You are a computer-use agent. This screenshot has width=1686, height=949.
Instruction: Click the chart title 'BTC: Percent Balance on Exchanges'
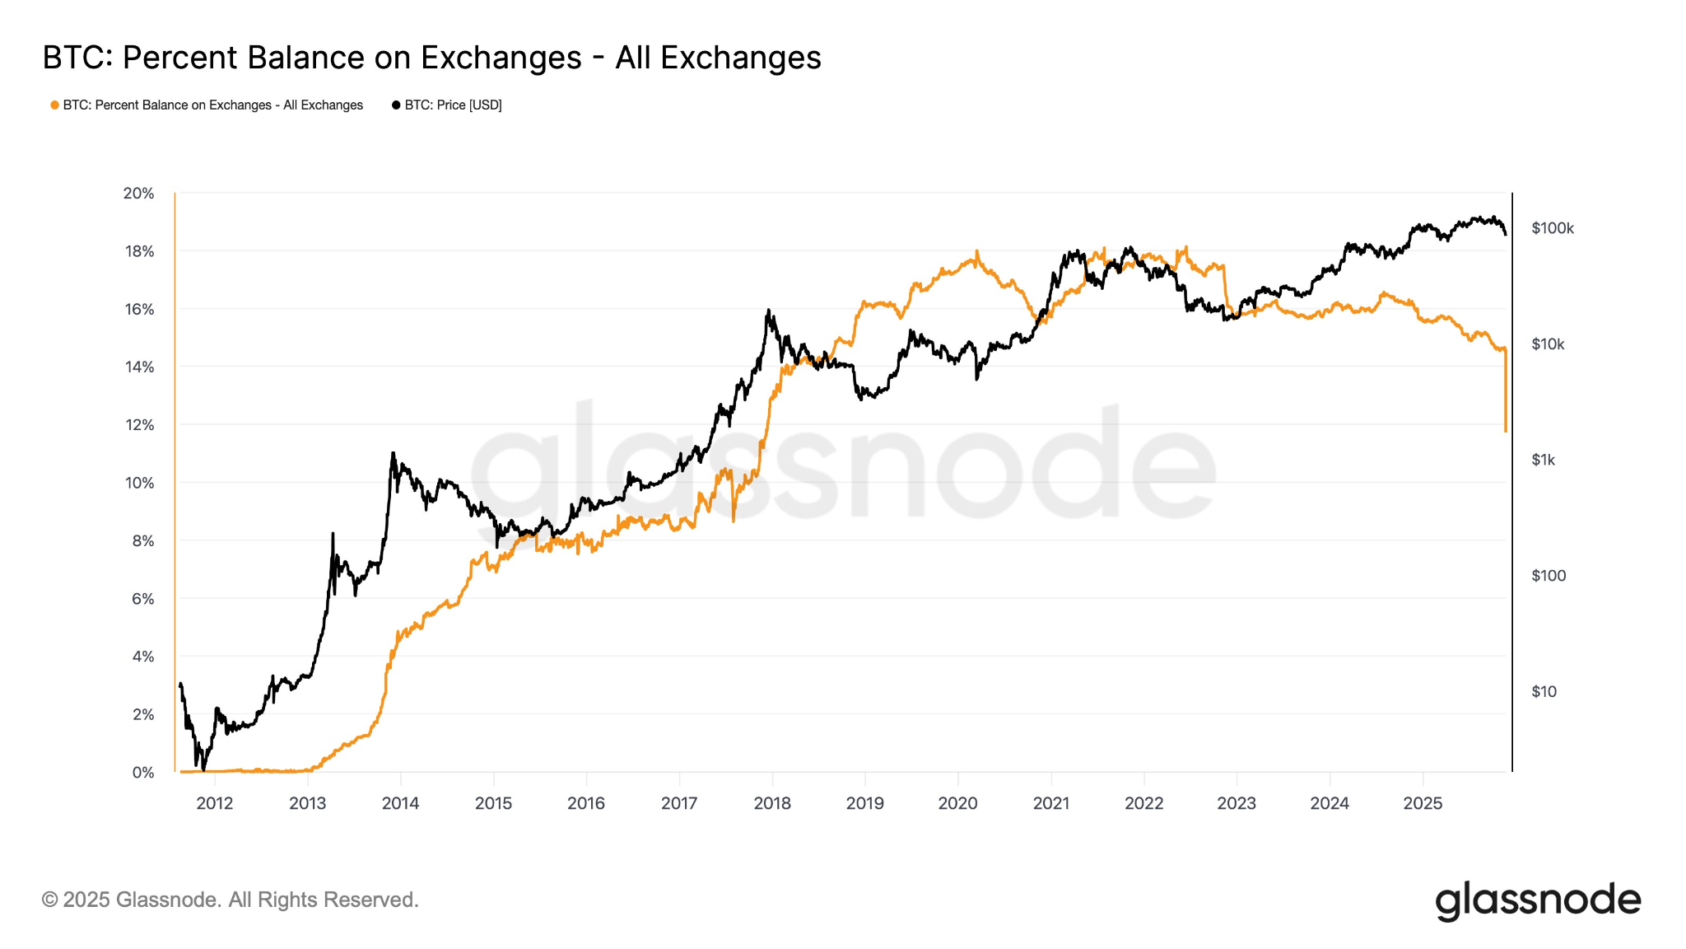pos(431,58)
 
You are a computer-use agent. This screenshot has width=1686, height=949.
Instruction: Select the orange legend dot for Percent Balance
pos(54,105)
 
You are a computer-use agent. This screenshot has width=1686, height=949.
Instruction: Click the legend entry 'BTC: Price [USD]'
pos(453,105)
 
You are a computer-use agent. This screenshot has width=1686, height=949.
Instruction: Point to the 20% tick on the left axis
pos(138,194)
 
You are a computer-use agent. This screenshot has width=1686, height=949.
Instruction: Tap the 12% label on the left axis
pos(139,425)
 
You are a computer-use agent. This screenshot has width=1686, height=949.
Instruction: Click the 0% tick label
pos(143,773)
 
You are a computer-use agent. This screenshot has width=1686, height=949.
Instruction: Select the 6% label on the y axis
pos(143,599)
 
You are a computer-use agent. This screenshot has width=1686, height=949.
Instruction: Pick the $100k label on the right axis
pos(1552,228)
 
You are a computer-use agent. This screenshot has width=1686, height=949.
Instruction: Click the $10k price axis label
pos(1548,344)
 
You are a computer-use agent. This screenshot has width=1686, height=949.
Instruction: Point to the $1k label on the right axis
pos(1543,460)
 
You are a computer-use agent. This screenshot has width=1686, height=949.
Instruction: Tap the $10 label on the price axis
pos(1544,692)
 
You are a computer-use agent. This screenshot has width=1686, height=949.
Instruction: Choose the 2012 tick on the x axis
pos(214,803)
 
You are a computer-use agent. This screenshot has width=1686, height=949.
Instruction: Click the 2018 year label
pos(772,803)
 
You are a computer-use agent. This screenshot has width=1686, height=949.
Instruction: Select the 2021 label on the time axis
pos(1051,803)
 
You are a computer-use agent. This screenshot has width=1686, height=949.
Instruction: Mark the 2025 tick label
pos(1423,803)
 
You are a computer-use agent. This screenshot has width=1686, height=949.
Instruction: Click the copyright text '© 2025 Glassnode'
pos(231,900)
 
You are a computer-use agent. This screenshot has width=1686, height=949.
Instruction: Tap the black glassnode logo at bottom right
pos(1538,900)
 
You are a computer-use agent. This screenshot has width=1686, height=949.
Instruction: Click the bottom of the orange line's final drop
pos(1506,430)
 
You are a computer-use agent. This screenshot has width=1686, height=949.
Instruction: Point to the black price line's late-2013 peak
pos(393,452)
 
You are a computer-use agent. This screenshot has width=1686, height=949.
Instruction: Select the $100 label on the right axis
pos(1548,576)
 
